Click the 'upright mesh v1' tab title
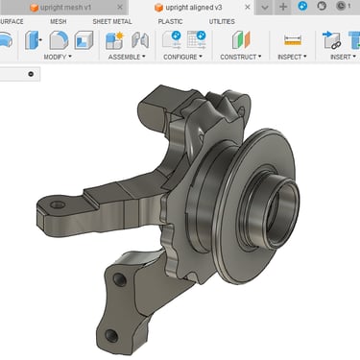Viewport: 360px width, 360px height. point(65,8)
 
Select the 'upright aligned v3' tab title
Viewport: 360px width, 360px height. point(194,8)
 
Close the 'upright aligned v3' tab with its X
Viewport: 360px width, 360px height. point(248,7)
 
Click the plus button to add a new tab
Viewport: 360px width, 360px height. point(283,7)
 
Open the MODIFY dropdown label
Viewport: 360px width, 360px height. point(58,57)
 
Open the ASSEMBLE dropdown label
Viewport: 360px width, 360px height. point(127,57)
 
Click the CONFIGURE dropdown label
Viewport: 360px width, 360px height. point(182,57)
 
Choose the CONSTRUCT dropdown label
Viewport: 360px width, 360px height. point(241,57)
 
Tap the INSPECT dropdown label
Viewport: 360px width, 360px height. point(292,57)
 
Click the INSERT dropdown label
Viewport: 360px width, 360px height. point(343,57)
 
